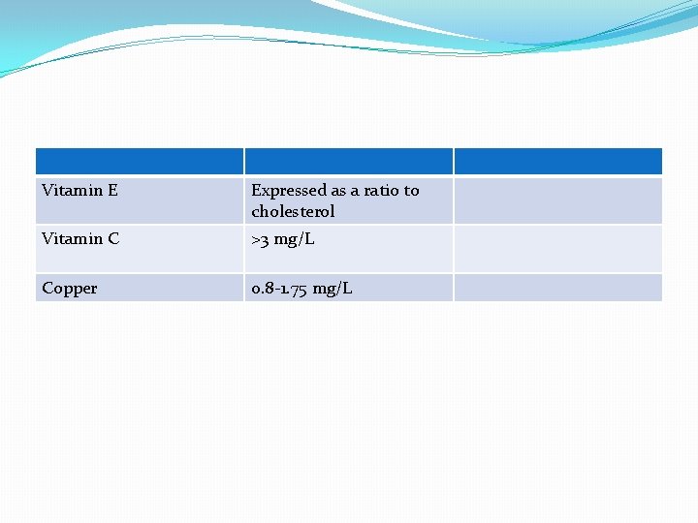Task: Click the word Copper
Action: tap(70, 289)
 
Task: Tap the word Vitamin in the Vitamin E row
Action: tap(72, 191)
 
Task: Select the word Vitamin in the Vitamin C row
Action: tap(72, 239)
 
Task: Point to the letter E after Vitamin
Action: tap(112, 191)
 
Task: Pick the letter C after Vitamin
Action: tap(113, 239)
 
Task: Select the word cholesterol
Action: tap(293, 211)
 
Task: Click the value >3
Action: tap(260, 240)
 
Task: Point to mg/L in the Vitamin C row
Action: tap(296, 240)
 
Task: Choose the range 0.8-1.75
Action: tap(279, 289)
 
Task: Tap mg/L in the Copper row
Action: tap(333, 289)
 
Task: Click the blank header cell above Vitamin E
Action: tap(140, 161)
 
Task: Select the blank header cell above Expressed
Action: tap(348, 161)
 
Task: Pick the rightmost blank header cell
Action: tap(557, 161)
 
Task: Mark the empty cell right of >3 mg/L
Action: tap(557, 249)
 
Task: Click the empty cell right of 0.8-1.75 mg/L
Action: tap(557, 288)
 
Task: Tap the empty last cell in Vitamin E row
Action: tap(557, 200)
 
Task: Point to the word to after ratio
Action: tap(411, 191)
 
